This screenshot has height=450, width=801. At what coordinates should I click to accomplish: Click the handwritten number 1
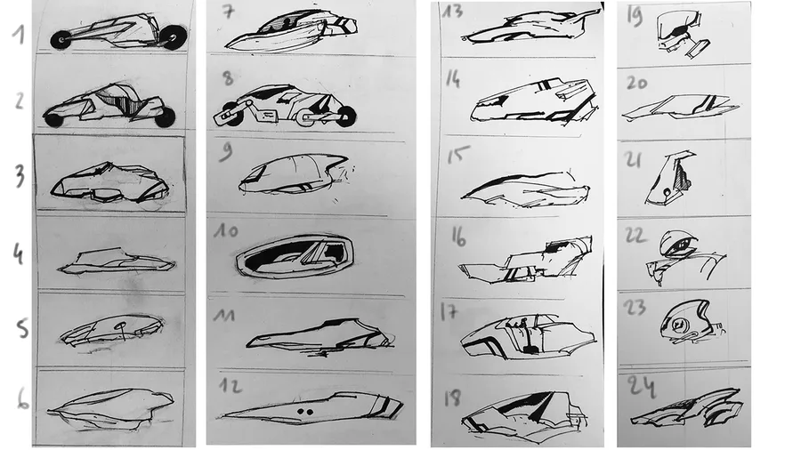pos(19,35)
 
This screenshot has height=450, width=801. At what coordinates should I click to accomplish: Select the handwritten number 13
pos(452,11)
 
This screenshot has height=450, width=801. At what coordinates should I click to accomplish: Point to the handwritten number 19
pos(635,17)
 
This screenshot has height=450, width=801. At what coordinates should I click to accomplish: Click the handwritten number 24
pos(641,385)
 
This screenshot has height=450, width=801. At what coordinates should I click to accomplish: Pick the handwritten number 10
pos(226,230)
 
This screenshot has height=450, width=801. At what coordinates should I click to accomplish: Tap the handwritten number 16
pos(458,237)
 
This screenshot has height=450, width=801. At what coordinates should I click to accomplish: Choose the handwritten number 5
pos(22,328)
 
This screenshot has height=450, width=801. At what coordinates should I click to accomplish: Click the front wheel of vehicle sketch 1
pos(61,39)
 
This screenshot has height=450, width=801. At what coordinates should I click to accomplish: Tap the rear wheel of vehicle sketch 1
pos(175,36)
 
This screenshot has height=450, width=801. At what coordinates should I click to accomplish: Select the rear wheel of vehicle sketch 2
pos(165,118)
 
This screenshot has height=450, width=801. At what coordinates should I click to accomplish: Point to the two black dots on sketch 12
pos(305,411)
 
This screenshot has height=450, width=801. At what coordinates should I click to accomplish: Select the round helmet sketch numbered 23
pos(687,323)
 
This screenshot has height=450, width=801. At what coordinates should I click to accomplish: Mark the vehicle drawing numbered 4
pos(117,261)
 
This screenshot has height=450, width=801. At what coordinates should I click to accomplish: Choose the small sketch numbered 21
pos(669,178)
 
